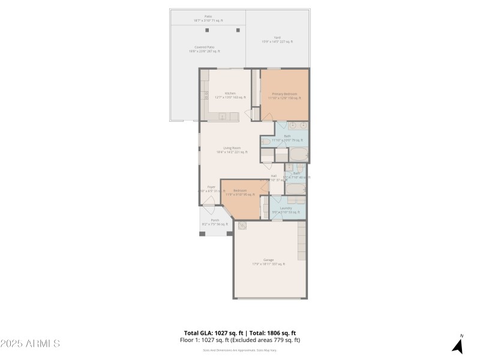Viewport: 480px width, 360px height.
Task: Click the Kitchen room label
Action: (x=230, y=94)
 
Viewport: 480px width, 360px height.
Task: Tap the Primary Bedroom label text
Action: (x=284, y=94)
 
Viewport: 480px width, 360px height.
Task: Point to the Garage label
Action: (x=268, y=260)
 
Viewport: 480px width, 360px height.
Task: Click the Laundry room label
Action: (x=286, y=208)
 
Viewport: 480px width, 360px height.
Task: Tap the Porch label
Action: (x=214, y=221)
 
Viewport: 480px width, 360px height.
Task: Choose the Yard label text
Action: (x=277, y=38)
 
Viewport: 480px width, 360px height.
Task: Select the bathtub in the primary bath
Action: (x=298, y=154)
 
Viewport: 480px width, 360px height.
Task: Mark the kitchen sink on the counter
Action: (x=221, y=116)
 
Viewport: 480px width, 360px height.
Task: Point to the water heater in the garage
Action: (x=242, y=226)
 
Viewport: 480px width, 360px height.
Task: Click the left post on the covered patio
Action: (x=207, y=29)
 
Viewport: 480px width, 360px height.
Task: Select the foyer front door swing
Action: (x=208, y=206)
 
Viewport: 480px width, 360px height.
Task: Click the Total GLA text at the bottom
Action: (x=213, y=333)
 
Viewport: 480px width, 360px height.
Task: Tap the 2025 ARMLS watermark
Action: (x=30, y=344)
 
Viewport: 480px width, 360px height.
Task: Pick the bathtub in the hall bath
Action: (x=295, y=189)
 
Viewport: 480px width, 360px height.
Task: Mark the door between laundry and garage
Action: (x=277, y=220)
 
